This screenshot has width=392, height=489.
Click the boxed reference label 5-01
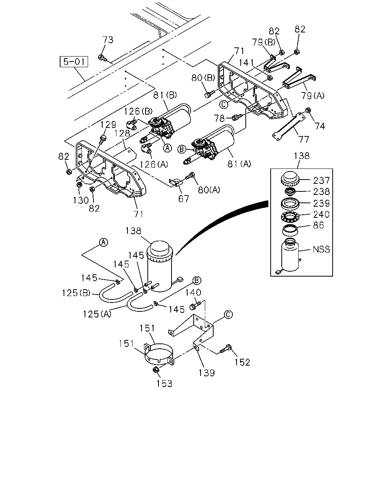(x=74, y=62)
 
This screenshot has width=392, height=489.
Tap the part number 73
(x=108, y=40)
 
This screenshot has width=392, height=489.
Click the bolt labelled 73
(x=102, y=58)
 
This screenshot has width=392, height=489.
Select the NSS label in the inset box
(x=322, y=249)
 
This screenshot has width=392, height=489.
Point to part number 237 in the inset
(x=322, y=181)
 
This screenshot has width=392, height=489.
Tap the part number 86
(x=318, y=225)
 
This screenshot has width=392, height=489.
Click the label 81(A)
(x=239, y=164)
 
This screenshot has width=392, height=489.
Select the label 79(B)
(x=263, y=42)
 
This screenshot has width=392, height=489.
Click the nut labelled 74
(x=308, y=110)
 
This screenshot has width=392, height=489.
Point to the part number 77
(x=304, y=139)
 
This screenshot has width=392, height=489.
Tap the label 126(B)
(x=138, y=111)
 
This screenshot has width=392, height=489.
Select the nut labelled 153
(x=155, y=369)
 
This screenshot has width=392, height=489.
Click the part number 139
(x=207, y=373)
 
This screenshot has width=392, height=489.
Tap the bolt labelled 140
(x=195, y=305)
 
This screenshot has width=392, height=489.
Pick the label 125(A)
(x=97, y=314)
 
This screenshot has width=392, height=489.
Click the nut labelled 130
(x=79, y=185)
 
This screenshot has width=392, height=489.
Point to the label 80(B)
(x=203, y=78)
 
